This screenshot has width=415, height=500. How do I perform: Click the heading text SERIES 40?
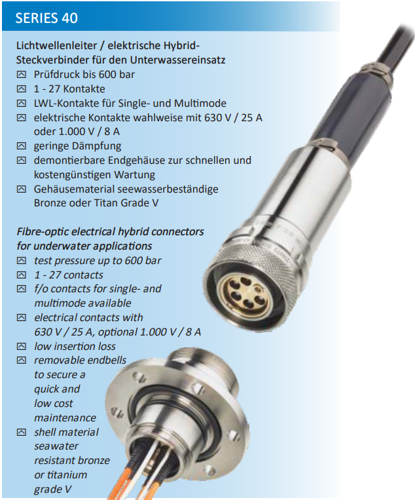click(46, 18)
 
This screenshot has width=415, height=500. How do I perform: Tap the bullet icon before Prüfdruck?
click(22, 74)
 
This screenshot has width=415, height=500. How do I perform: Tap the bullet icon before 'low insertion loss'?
click(22, 346)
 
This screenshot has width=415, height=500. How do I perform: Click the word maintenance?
click(65, 417)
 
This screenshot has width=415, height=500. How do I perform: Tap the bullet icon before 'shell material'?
click(22, 432)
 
